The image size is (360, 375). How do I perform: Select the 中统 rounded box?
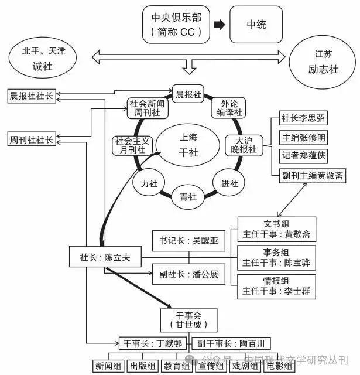255,25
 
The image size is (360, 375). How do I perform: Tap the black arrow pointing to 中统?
218,25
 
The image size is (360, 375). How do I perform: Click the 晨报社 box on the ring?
188,94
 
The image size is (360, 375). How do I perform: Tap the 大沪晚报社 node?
246,145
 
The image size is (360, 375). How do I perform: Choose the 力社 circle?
149,183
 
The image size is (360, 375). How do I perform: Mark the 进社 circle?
229,183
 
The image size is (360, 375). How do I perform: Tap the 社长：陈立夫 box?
104,257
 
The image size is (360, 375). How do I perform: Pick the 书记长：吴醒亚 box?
188,240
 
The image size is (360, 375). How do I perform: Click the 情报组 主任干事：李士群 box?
276,286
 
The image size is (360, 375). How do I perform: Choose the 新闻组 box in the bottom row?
109,366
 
